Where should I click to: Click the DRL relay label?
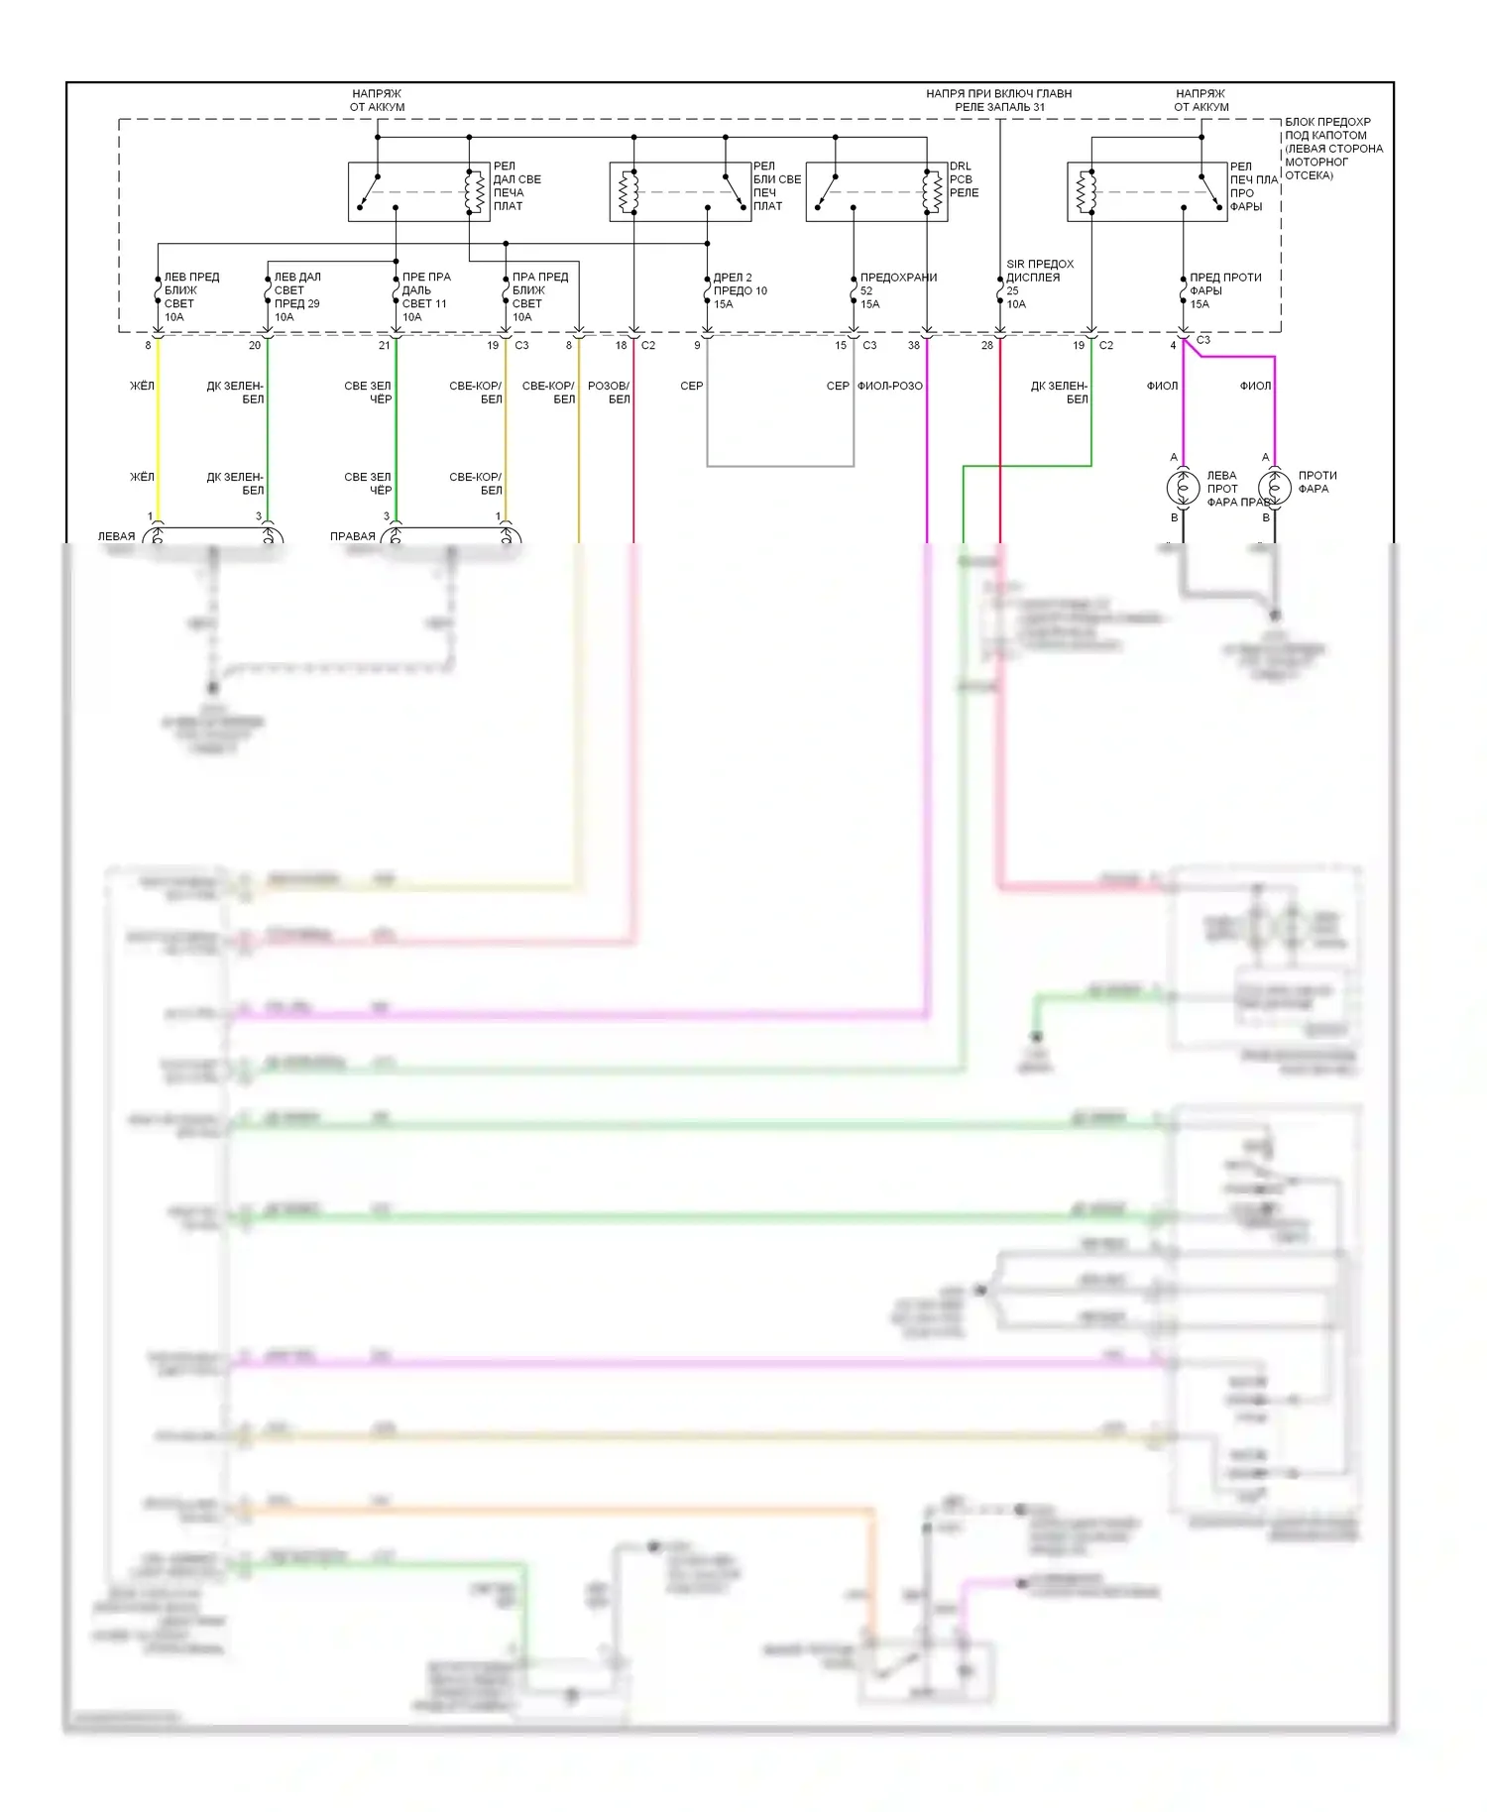(963, 179)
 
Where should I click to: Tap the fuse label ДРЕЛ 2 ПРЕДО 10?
(740, 290)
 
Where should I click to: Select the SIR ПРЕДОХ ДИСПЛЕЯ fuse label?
(1039, 283)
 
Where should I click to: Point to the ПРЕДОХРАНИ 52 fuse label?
(897, 290)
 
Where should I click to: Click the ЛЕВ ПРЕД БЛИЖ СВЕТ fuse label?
(190, 296)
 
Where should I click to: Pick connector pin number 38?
(913, 346)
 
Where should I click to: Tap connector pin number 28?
(986, 346)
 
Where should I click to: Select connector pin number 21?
(384, 346)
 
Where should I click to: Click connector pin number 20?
(255, 346)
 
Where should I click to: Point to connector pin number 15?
(841, 346)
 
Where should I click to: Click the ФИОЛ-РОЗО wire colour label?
(889, 386)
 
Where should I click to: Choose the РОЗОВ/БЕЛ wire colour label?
(609, 393)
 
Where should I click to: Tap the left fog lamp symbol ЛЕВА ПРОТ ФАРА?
(1183, 488)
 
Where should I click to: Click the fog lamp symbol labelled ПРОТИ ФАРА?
(1274, 488)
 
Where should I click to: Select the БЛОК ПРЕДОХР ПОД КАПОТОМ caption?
(1332, 149)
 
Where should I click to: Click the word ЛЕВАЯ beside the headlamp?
(116, 536)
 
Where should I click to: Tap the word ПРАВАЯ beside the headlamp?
(352, 536)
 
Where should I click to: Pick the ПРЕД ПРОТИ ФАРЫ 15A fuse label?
(1224, 290)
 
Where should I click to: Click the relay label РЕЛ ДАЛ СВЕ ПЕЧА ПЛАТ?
(516, 186)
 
